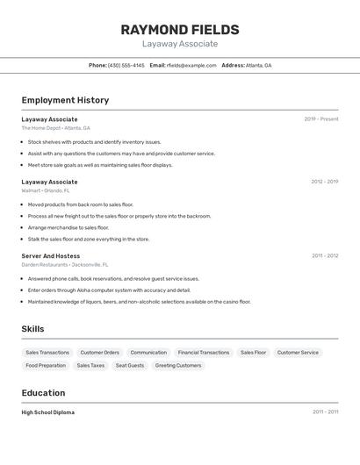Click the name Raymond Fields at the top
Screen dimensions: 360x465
point(180,30)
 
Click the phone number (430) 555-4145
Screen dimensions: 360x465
point(126,65)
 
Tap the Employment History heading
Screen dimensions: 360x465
point(65,100)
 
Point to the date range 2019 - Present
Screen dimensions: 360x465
point(320,118)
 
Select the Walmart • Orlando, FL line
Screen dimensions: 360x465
point(46,190)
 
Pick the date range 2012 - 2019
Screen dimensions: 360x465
point(324,182)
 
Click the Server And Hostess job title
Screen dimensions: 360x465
point(51,255)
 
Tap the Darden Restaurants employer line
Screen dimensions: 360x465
point(65,264)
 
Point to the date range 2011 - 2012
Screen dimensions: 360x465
point(324,255)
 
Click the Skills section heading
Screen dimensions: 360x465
point(32,329)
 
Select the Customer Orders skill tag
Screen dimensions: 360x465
point(99,352)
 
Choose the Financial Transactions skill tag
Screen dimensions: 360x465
point(204,352)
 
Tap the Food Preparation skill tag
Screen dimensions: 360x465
point(46,365)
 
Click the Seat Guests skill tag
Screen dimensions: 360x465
point(130,365)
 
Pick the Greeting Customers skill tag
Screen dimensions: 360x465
point(178,365)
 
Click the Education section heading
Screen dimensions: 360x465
point(43,393)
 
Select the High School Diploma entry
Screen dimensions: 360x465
point(48,411)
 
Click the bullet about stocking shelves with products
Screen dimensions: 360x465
point(95,141)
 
